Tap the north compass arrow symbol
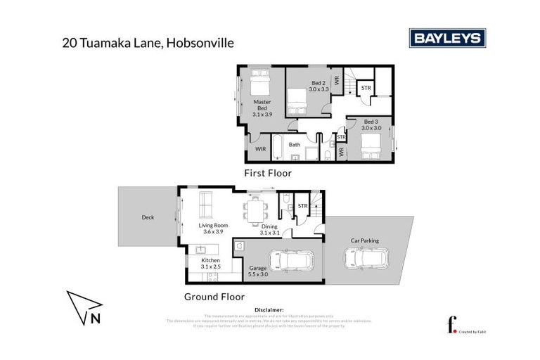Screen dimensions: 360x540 click(x=84, y=309)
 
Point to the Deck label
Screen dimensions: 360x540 click(x=148, y=217)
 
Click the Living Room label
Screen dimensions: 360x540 click(x=209, y=228)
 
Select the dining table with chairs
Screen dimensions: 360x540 click(x=255, y=209)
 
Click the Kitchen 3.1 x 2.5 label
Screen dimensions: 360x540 click(x=211, y=263)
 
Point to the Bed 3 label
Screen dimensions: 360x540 click(x=371, y=124)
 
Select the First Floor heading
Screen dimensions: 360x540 click(x=267, y=173)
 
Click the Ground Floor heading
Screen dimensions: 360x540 click(x=214, y=297)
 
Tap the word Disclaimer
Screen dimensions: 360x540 click(x=269, y=309)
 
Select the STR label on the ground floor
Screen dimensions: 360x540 click(x=303, y=205)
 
